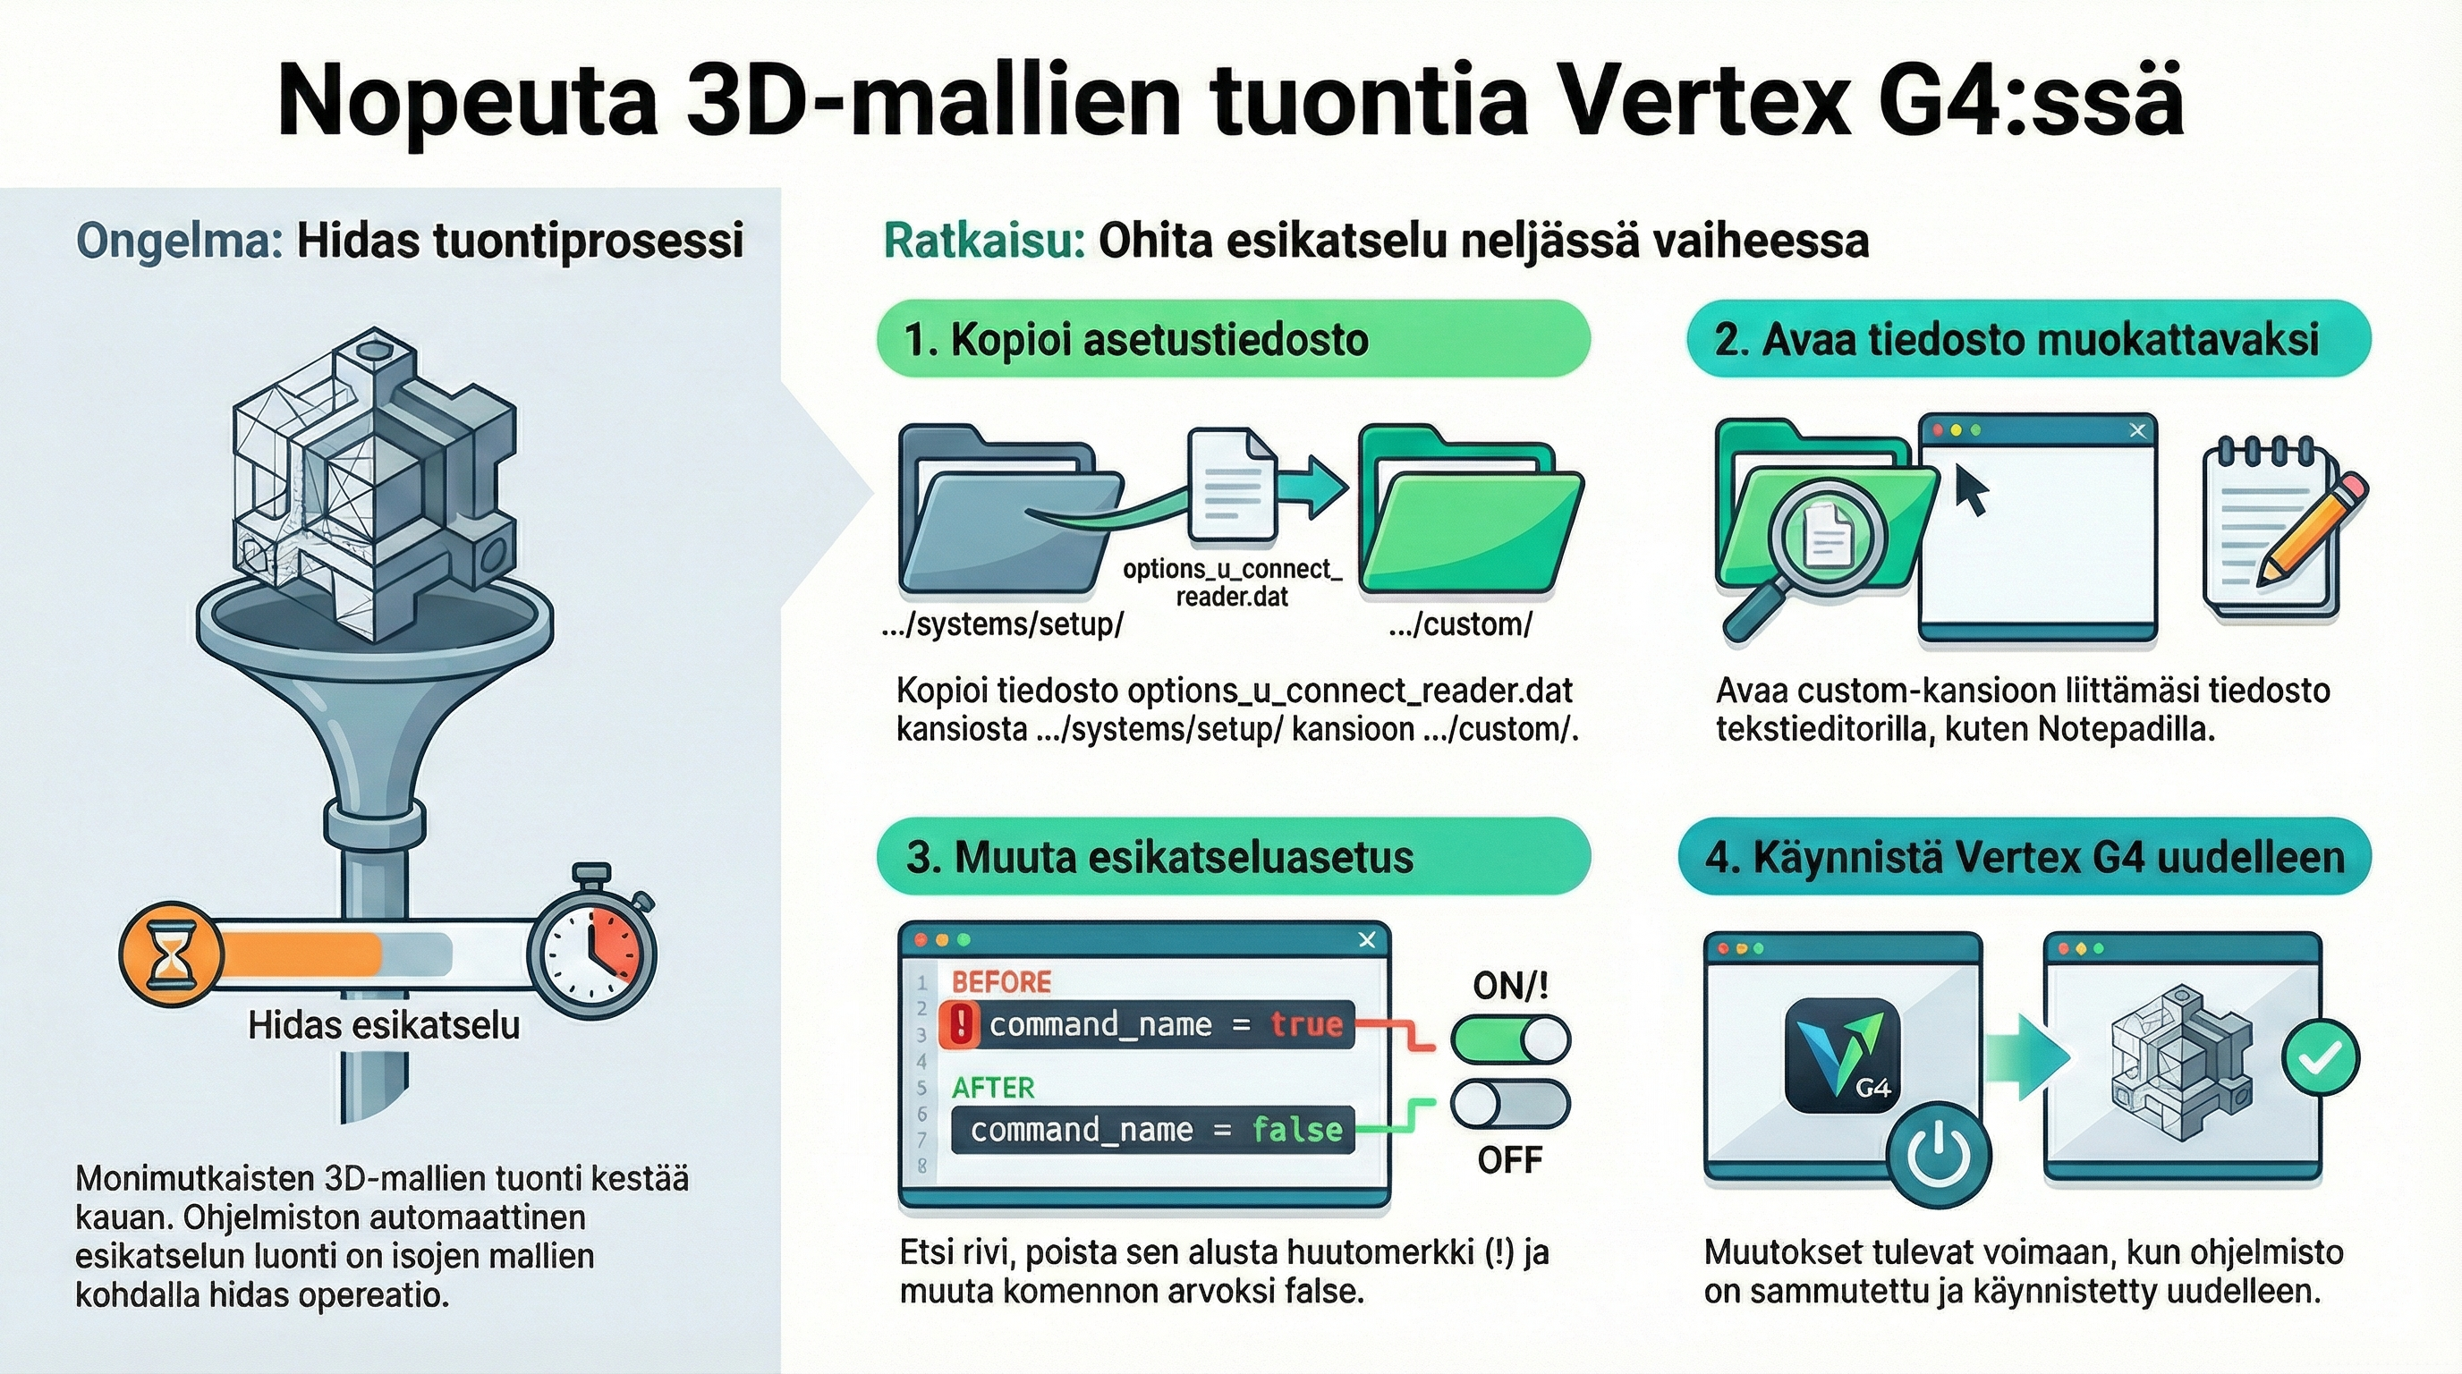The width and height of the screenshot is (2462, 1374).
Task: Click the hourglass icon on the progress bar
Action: click(171, 954)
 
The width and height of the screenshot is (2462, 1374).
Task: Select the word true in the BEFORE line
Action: click(1306, 1024)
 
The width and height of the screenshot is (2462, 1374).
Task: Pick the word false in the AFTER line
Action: click(1297, 1130)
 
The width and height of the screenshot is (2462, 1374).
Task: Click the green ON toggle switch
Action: click(1510, 1039)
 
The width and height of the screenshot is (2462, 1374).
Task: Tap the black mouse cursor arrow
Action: click(1971, 489)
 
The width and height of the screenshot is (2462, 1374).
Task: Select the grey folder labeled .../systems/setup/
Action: click(1010, 509)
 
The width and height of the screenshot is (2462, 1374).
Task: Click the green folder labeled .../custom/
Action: click(1470, 509)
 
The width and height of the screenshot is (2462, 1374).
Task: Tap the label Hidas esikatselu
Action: click(384, 1025)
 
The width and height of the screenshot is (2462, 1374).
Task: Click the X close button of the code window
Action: click(1367, 940)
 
